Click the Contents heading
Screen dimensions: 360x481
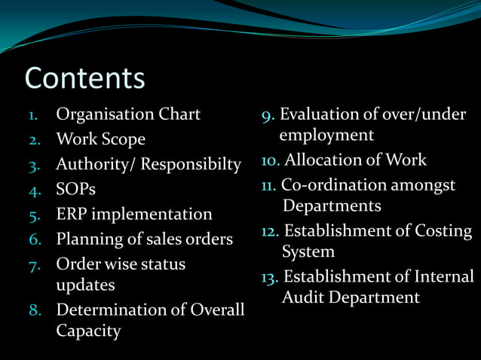tap(84, 78)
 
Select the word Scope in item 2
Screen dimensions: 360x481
tap(124, 139)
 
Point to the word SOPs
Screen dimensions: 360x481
tap(76, 189)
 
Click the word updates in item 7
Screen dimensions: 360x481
tap(85, 285)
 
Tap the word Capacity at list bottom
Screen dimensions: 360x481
tap(88, 331)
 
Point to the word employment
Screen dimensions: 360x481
tap(326, 136)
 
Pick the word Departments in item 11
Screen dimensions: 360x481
tap(332, 206)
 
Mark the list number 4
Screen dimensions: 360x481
tap(34, 190)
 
